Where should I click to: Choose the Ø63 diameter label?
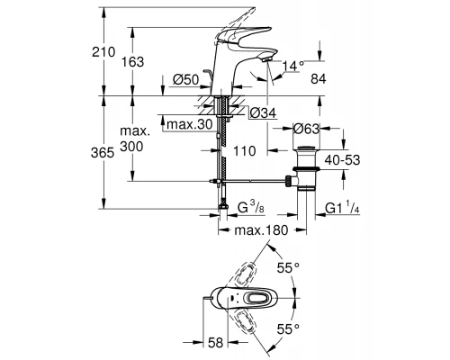click(x=314, y=128)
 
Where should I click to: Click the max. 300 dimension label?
click(x=156, y=145)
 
